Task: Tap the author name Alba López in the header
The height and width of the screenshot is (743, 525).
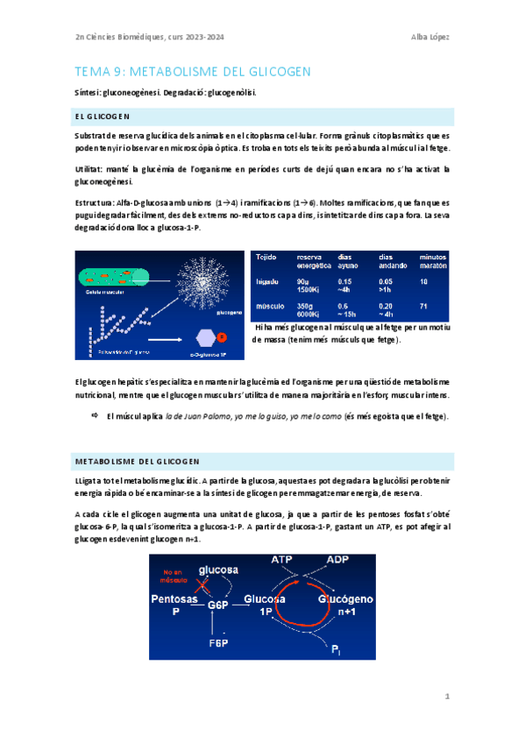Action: click(431, 36)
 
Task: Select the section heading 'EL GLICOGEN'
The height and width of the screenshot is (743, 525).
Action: click(103, 116)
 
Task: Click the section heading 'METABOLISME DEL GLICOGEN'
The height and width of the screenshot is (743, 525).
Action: click(138, 461)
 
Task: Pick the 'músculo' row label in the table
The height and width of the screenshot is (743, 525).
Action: click(269, 306)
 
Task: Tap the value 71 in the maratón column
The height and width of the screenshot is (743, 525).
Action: click(424, 306)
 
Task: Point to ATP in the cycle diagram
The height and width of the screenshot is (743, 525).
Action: click(283, 560)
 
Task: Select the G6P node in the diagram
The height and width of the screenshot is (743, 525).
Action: click(217, 605)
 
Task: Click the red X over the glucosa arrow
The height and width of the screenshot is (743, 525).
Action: click(205, 584)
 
